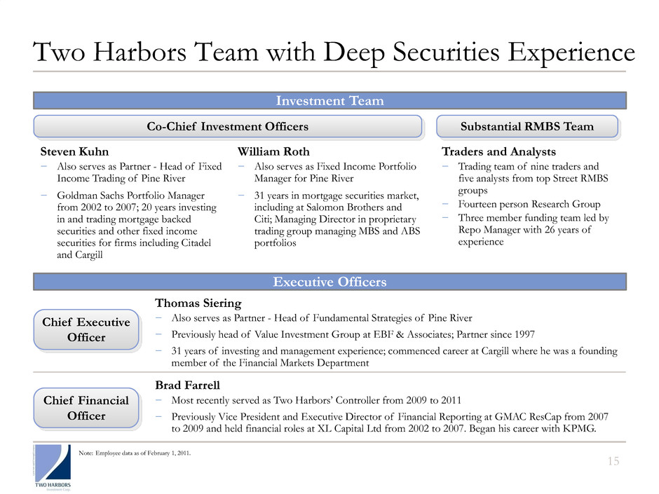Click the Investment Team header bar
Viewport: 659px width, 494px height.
click(329, 101)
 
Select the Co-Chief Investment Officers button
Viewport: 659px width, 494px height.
click(229, 126)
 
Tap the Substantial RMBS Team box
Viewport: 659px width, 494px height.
click(527, 126)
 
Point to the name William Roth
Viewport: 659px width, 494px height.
click(273, 151)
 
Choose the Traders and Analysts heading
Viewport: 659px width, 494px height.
click(498, 151)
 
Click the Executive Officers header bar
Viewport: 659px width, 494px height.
click(329, 282)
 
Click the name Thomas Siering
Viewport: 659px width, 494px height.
click(198, 303)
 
